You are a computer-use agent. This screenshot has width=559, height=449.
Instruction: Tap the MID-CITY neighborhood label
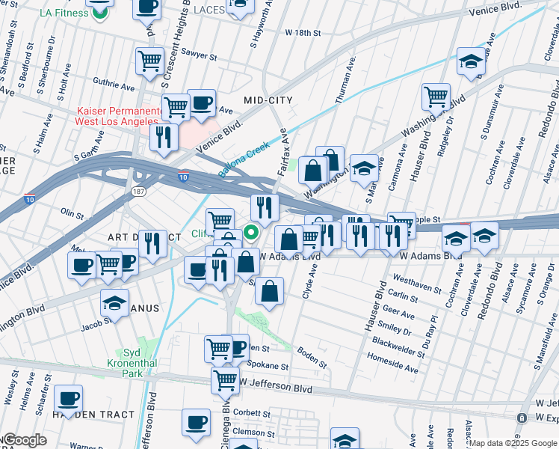(268, 100)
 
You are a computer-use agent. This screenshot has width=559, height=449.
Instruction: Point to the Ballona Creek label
(243, 160)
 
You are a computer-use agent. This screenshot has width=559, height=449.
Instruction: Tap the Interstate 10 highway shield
(183, 177)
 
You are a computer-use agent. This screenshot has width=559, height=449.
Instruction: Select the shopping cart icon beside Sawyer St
(149, 61)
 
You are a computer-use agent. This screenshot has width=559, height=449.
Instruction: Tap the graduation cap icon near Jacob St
(114, 302)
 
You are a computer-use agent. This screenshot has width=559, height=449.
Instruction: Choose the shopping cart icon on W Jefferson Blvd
(225, 380)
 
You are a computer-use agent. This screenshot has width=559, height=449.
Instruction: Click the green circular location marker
(252, 231)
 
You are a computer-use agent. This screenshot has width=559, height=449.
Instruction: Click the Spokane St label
(269, 367)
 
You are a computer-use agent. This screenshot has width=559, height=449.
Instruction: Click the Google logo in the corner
(24, 440)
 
